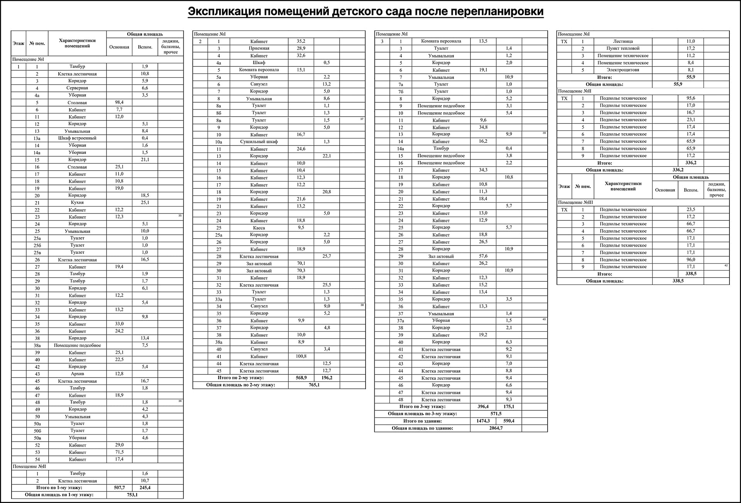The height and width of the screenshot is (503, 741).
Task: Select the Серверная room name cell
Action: click(77, 88)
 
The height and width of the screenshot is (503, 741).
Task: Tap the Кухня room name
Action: click(77, 203)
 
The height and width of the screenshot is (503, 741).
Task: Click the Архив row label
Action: click(77, 374)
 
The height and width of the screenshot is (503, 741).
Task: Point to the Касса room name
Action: click(259, 228)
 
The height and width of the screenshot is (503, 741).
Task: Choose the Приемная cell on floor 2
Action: click(259, 48)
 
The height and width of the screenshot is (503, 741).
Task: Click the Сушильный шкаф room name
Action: click(259, 142)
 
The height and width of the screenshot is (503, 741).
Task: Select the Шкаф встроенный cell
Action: click(77, 138)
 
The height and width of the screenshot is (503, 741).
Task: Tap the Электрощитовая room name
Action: click(623, 70)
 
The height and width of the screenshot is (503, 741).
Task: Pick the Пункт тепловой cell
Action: click(623, 48)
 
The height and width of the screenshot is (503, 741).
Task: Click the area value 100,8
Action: click(301, 356)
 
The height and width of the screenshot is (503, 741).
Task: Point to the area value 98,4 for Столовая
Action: click(119, 102)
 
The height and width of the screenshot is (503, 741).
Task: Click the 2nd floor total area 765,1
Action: click(314, 385)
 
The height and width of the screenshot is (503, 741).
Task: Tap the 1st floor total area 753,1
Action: click(132, 495)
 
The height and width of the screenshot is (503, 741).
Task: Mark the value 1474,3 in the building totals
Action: click(483, 421)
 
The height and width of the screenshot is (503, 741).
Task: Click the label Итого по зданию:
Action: click(422, 421)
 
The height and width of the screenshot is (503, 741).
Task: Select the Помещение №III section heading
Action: click(575, 202)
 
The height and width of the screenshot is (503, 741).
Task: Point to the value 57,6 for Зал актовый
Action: click(483, 256)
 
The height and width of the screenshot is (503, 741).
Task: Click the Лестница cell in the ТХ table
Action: click(623, 41)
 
